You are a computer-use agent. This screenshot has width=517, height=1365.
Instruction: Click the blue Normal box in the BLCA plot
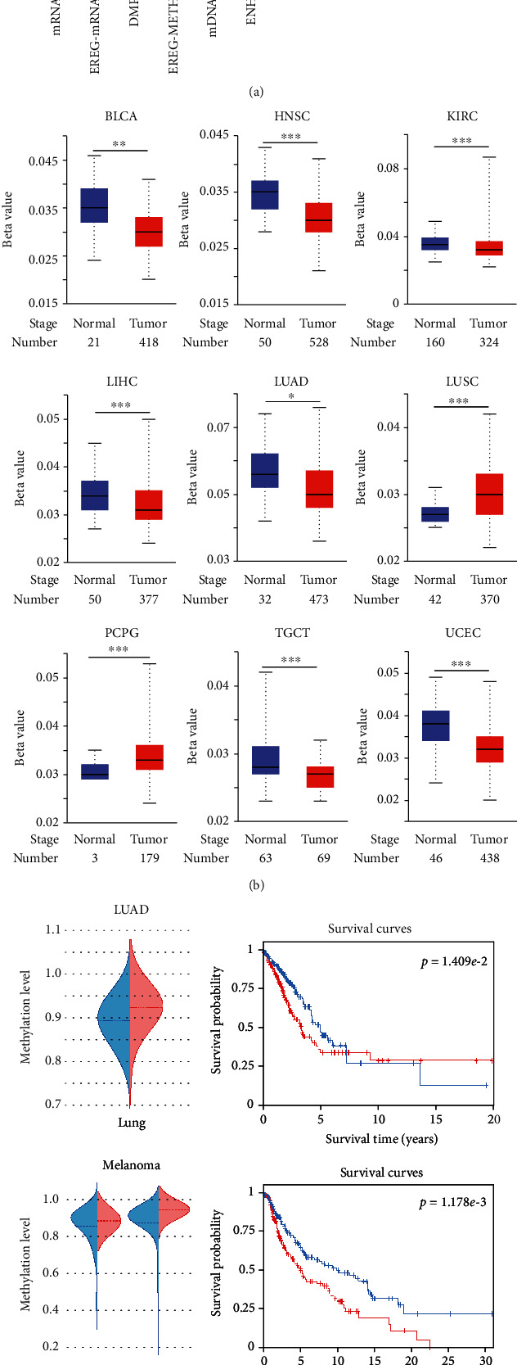tap(94, 206)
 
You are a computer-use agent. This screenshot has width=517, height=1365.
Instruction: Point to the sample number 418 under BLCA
tap(148, 342)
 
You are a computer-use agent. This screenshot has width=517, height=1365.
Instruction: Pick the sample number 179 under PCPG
tap(148, 858)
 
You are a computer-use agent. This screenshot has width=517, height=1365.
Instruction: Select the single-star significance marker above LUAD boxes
tap(291, 396)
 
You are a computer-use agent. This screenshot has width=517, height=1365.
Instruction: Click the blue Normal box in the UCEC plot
tap(435, 725)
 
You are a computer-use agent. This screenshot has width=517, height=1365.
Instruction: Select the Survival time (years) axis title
tap(381, 1139)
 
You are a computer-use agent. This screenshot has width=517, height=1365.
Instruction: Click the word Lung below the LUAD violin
tap(131, 1123)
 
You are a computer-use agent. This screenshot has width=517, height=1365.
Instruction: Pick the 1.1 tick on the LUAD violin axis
tap(54, 929)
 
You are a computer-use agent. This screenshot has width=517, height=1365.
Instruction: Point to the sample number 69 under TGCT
tap(318, 858)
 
